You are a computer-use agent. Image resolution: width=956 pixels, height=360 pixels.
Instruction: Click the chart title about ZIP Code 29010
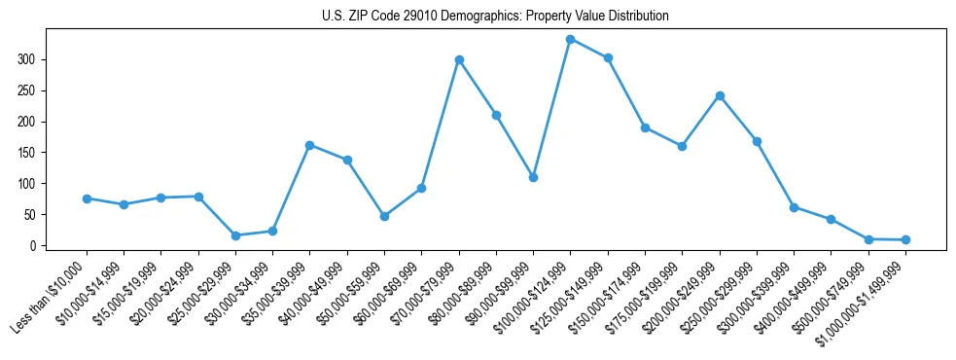(x=495, y=17)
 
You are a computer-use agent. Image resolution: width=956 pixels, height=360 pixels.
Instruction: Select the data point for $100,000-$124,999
(x=571, y=39)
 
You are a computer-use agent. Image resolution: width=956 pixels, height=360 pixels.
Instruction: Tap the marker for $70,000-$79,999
(x=459, y=59)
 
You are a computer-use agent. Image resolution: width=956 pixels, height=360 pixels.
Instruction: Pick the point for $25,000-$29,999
(x=235, y=235)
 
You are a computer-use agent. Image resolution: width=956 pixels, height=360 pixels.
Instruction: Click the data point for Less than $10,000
(x=87, y=198)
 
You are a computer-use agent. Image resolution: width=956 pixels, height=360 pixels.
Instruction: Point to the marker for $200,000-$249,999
(x=720, y=95)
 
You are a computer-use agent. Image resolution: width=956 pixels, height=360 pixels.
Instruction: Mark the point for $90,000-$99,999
(x=533, y=177)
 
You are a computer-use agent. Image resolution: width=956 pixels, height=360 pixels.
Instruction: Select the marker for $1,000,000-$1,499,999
(x=905, y=239)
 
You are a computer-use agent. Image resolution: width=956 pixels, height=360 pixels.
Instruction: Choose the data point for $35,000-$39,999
(x=310, y=145)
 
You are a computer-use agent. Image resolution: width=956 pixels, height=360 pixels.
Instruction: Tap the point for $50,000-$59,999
(x=384, y=216)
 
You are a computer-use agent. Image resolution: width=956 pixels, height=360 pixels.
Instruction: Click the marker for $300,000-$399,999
(x=794, y=207)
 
